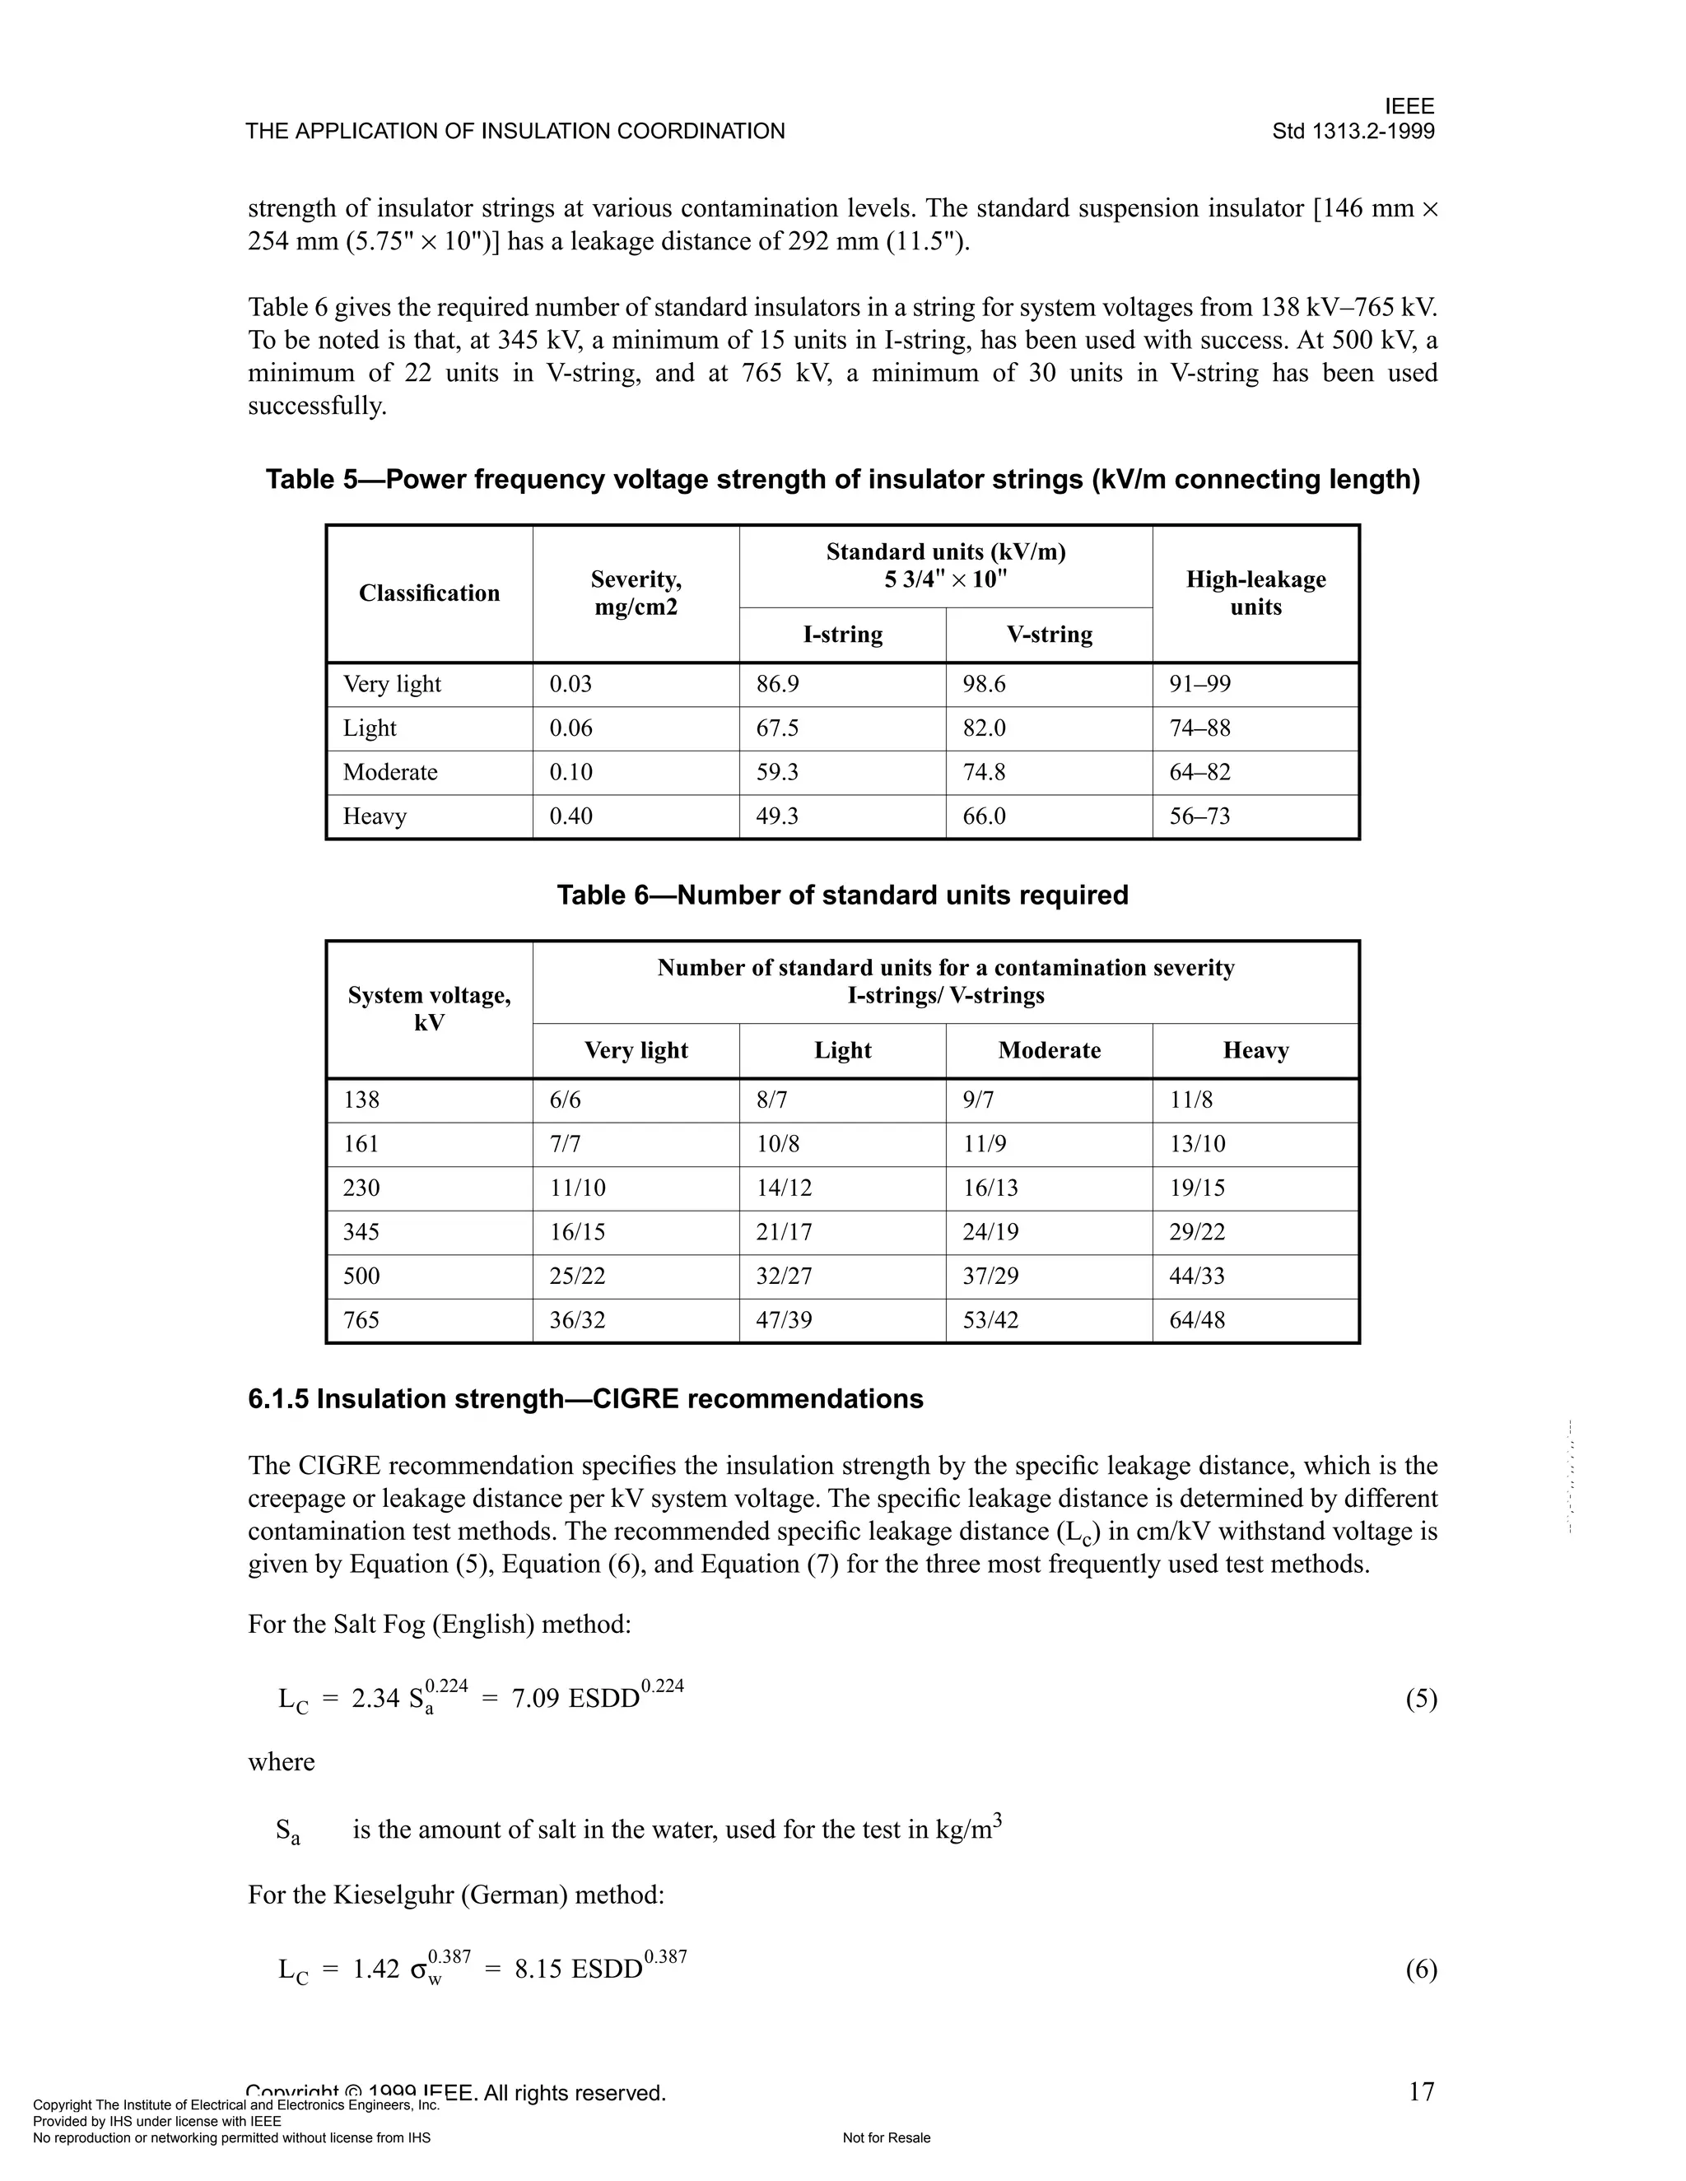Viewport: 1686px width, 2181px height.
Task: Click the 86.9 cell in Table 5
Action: pos(777,684)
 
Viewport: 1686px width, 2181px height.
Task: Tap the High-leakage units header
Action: pos(1255,593)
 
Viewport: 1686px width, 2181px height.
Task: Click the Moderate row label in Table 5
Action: pos(389,772)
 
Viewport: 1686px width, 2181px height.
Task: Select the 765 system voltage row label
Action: pos(361,1319)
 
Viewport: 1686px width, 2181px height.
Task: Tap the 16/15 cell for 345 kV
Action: pos(577,1231)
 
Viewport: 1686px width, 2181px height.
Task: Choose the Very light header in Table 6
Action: pos(636,1049)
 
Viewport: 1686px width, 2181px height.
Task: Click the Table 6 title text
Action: pos(842,895)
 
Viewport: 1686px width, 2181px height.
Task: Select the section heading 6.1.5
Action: pos(585,1398)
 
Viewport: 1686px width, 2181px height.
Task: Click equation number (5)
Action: pos(1420,1699)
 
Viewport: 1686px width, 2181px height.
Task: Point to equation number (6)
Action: pos(1420,1969)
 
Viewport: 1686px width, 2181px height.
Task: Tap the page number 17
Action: pos(1420,2091)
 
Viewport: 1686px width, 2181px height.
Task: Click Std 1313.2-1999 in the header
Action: pos(1353,131)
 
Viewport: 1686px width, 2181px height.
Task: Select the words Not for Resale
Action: pos(886,2138)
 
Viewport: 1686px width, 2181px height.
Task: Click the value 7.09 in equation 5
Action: pos(534,1699)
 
